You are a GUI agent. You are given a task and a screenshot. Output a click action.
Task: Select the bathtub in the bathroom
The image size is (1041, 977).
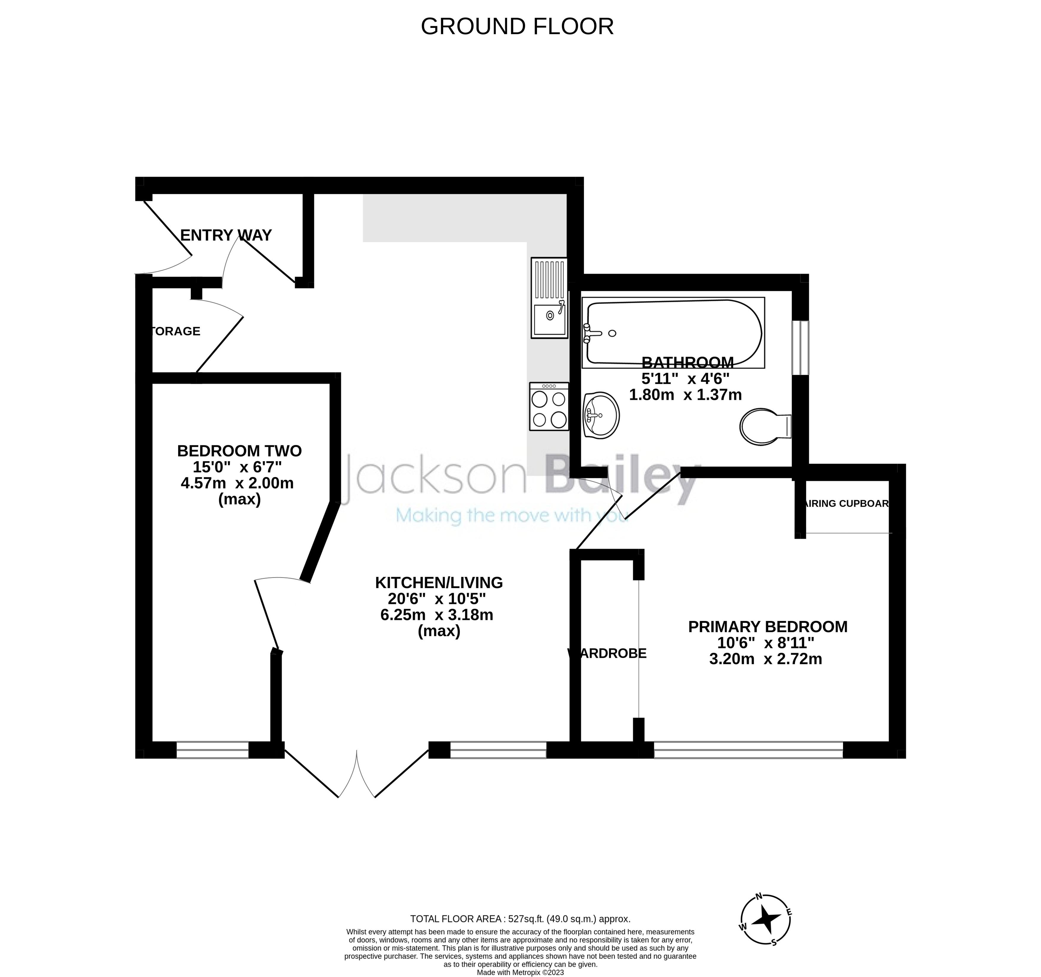point(674,332)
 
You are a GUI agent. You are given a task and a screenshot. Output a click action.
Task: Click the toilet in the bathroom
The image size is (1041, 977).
point(765,427)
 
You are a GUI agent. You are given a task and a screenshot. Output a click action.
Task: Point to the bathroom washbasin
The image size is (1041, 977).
point(601,415)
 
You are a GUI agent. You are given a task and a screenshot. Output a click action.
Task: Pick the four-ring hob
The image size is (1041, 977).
point(549,407)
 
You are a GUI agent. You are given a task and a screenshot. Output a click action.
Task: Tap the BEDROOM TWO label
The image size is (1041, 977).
point(239,451)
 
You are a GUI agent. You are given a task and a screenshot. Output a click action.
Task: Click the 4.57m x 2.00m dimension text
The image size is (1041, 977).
point(237,483)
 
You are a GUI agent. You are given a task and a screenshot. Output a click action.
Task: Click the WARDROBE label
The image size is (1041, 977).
point(607,653)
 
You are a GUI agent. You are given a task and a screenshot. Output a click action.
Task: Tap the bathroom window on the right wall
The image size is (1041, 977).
point(800,348)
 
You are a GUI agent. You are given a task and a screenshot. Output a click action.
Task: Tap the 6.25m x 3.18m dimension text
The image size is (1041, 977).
point(437,615)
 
